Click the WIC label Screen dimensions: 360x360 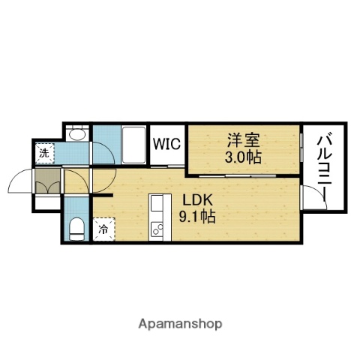166,144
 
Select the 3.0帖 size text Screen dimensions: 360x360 244,157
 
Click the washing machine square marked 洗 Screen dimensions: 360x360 45,154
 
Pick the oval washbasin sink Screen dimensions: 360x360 75,135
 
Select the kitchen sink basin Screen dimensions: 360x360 157,205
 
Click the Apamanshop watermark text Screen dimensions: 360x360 179,324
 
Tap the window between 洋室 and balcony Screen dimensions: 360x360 301,150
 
